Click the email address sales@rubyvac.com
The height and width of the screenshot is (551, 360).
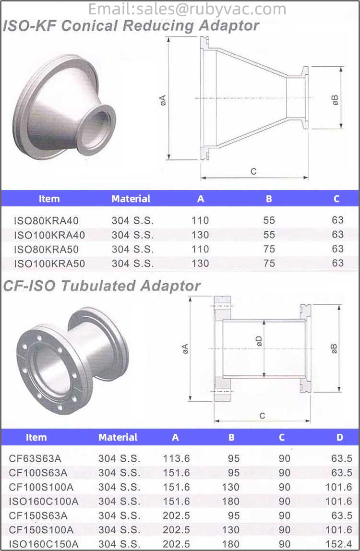[x=187, y=9]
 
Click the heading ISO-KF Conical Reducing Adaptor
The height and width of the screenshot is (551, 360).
[x=131, y=26]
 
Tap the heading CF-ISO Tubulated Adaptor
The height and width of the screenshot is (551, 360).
[x=101, y=286]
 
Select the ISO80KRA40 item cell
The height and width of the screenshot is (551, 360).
[x=46, y=221]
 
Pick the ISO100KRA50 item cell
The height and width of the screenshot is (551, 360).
[x=49, y=264]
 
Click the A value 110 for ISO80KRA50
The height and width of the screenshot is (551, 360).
[x=200, y=249]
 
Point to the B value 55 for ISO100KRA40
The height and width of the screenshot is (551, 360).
[x=269, y=235]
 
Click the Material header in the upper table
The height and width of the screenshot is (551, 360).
[x=131, y=199]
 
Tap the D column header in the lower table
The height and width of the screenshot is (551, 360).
[x=340, y=437]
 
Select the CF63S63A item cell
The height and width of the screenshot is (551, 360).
[x=35, y=458]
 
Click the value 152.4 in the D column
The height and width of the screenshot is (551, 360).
[x=342, y=544]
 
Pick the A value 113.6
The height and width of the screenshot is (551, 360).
[x=176, y=458]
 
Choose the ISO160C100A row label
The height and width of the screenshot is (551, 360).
[x=43, y=502]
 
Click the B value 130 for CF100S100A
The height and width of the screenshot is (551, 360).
[x=230, y=487]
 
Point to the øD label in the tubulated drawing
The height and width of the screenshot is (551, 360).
[x=259, y=341]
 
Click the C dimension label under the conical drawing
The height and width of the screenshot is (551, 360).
[x=253, y=171]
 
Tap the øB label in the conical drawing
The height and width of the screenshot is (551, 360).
[x=335, y=99]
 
